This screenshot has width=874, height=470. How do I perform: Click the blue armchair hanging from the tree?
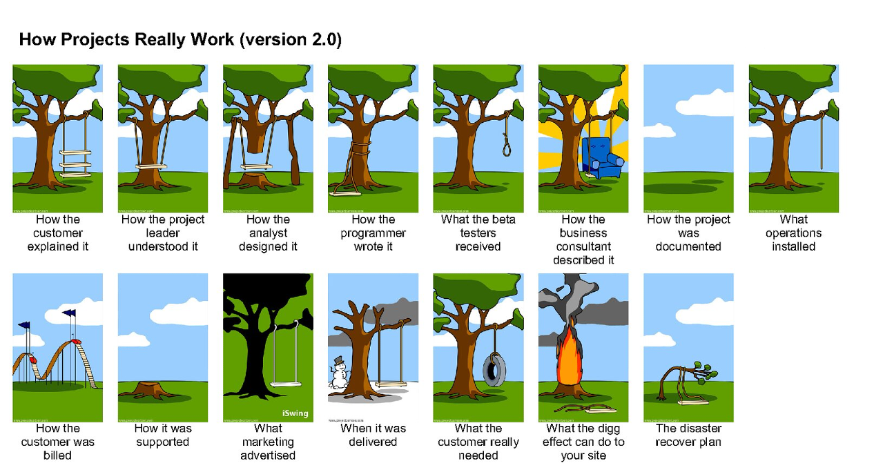coord(599,156)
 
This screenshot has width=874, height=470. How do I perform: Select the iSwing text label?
coord(295,413)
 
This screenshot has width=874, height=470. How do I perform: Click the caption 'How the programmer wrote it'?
coord(373,233)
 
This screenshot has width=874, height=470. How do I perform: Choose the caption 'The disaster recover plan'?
coord(688,435)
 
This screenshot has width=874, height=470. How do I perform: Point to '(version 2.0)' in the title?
coord(291,39)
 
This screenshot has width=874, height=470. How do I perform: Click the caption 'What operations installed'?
coord(793,233)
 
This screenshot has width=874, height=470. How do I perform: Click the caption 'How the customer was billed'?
coord(58,442)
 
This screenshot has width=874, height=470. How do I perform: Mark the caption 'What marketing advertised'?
coord(268,442)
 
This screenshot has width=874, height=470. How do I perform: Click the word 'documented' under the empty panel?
coord(688,246)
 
